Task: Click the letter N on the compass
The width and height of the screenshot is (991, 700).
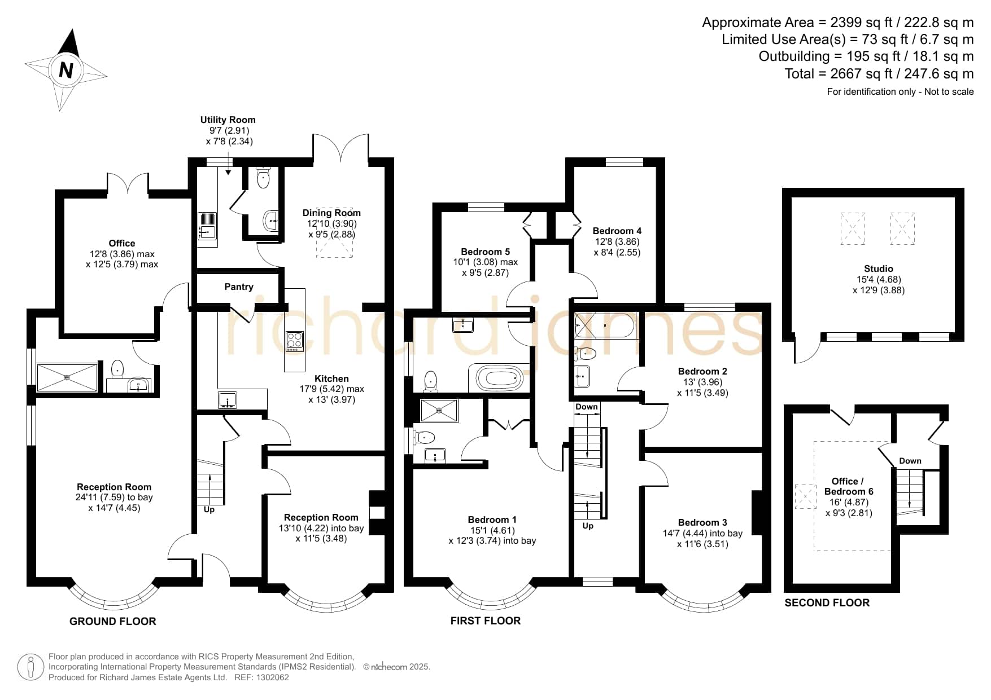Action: [x=66, y=70]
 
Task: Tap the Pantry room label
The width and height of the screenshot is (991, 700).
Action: [x=239, y=287]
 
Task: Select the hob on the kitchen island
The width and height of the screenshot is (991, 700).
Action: [x=294, y=341]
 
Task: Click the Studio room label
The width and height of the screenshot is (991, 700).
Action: [x=878, y=268]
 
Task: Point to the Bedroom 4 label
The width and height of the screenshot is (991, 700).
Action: [x=617, y=231]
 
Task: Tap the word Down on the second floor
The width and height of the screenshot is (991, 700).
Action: [x=910, y=461]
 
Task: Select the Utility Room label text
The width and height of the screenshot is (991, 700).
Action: [x=228, y=120]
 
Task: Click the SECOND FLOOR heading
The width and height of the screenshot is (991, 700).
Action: [x=827, y=602]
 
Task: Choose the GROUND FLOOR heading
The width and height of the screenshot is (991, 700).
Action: [x=112, y=621]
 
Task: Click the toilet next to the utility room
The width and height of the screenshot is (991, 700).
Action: [x=263, y=177]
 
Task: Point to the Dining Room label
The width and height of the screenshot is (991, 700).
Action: [x=331, y=213]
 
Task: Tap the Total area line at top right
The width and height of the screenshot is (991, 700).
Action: [x=879, y=73]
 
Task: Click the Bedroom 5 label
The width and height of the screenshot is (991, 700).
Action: [x=485, y=252]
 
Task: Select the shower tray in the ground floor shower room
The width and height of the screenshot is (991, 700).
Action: [x=67, y=377]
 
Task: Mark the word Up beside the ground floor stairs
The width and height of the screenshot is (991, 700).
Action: [x=209, y=509]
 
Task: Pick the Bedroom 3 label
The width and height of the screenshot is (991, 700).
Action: [x=702, y=522]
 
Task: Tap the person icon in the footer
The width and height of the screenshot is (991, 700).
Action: [x=30, y=667]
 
